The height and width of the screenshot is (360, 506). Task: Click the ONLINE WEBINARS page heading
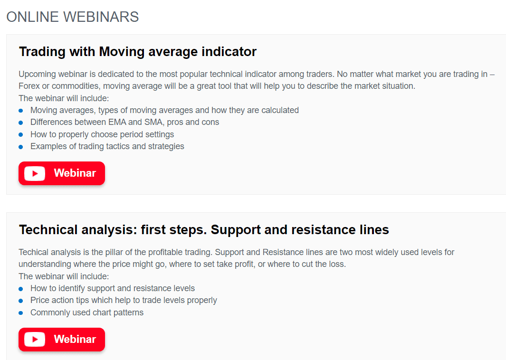point(73,17)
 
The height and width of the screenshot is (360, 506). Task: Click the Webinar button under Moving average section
point(62,173)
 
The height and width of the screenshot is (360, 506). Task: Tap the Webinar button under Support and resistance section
point(62,340)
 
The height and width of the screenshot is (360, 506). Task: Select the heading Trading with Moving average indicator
point(138,52)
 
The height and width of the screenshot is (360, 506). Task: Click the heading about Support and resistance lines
point(204,230)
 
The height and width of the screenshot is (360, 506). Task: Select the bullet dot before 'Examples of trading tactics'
point(20,147)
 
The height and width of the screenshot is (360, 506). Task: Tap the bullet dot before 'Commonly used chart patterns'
point(20,313)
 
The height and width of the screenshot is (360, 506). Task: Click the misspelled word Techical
point(34,252)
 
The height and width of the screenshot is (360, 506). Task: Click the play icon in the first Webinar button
point(35,173)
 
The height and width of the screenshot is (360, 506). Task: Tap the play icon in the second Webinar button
point(35,340)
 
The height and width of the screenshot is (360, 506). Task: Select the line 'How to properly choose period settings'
point(102,134)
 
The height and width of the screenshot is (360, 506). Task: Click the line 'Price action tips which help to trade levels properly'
point(124,300)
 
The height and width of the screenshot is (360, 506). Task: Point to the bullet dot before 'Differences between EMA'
point(20,123)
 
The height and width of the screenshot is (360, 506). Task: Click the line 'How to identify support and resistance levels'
point(113,288)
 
